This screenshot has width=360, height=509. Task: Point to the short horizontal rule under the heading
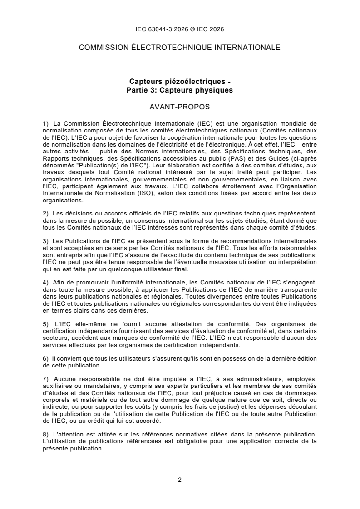180,64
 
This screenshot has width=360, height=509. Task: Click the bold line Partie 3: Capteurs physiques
180,90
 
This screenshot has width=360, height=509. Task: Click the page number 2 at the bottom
180,480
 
